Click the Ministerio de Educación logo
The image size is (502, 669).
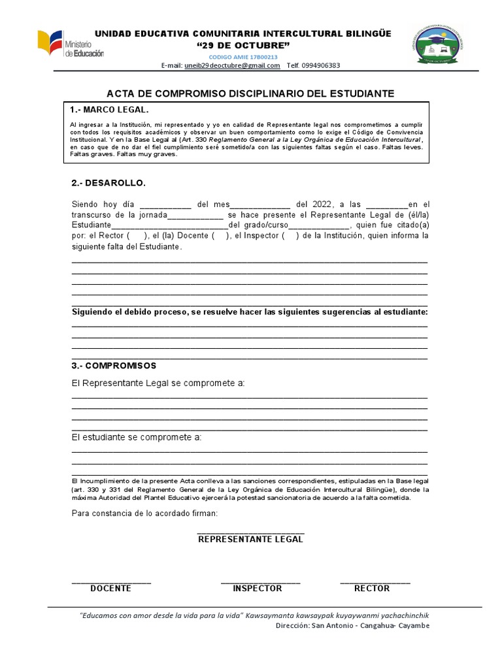(70, 44)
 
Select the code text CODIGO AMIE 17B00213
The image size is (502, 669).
(243, 57)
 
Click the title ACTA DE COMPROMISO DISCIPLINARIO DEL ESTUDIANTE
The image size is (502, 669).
(250, 93)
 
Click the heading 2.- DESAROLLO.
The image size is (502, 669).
(109, 182)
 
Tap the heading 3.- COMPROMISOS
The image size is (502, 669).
(114, 366)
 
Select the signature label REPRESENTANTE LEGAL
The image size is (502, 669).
(250, 540)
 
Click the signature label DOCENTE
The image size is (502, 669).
(110, 589)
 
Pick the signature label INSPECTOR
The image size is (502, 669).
(258, 589)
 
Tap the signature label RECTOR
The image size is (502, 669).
(372, 589)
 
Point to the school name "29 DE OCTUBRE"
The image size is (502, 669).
(243, 45)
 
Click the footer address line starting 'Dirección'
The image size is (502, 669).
(352, 626)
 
